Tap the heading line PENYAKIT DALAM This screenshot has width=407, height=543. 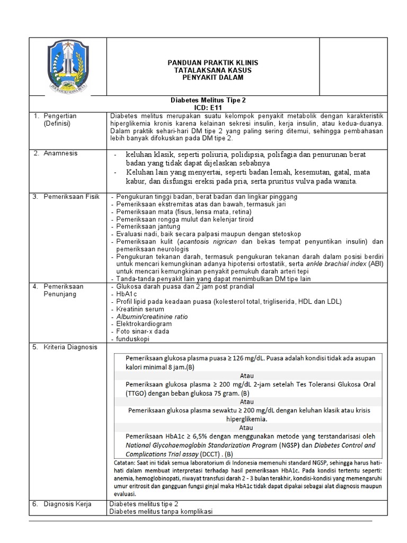click(205, 78)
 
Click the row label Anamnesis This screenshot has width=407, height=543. click(60, 153)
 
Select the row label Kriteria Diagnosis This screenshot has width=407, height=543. click(70, 347)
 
